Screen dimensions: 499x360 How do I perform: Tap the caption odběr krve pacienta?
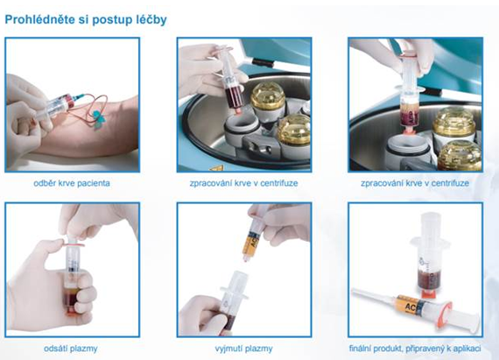click(x=72, y=183)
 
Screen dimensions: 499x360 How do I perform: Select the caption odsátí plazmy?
click(x=71, y=349)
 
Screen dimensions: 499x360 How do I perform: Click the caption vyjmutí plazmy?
click(x=243, y=349)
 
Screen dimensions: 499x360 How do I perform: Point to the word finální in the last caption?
click(x=362, y=349)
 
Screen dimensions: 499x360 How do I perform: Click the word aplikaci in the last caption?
click(x=467, y=349)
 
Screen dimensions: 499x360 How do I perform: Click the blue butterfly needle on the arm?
click(x=98, y=119)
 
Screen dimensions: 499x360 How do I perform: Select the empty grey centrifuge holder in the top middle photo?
click(x=242, y=131)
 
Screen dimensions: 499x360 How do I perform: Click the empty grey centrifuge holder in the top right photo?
click(x=407, y=150)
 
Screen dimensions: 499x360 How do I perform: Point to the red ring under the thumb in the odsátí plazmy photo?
click(x=74, y=244)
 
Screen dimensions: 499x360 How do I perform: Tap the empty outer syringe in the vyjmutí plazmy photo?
click(x=235, y=300)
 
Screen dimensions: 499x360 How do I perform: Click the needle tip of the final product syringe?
click(x=354, y=290)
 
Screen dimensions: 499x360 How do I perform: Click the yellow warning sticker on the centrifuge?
click(x=216, y=168)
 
